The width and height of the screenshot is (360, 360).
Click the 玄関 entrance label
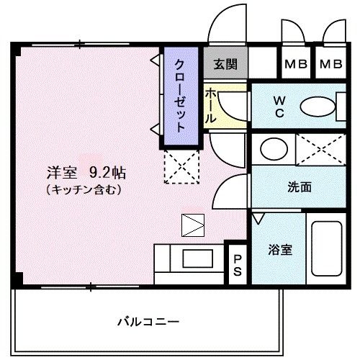(x=225, y=64)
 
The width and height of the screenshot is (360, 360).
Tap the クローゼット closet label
(x=181, y=96)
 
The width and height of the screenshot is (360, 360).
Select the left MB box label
(x=296, y=64)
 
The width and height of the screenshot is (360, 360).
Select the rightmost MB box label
(x=331, y=64)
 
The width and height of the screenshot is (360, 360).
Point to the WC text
(x=279, y=107)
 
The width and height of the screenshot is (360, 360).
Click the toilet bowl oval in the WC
(x=318, y=107)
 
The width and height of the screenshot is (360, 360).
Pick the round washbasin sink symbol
(x=274, y=149)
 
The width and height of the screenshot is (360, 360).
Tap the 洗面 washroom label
(x=300, y=187)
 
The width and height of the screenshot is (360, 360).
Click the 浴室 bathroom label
(x=280, y=250)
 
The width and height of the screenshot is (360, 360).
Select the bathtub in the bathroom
(x=327, y=248)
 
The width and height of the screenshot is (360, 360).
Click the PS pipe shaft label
(x=238, y=265)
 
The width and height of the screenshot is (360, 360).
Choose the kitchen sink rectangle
(x=198, y=258)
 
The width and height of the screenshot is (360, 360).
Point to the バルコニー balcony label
(x=148, y=322)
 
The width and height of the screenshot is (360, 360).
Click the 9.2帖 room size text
(x=107, y=172)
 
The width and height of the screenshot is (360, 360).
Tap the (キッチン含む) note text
(x=84, y=190)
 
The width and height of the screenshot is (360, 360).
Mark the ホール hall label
(x=210, y=106)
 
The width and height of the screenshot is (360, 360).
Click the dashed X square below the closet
(x=181, y=167)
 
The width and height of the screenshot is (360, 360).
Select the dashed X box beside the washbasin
(x=320, y=150)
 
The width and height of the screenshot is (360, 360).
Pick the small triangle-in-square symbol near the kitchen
(x=193, y=225)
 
